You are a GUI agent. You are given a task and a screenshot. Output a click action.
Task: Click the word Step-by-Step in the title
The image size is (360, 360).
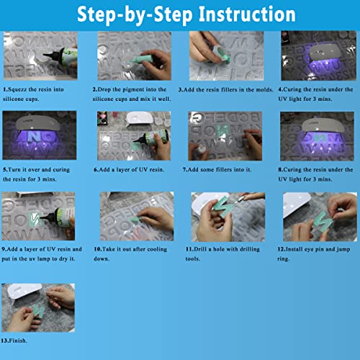point(135,15)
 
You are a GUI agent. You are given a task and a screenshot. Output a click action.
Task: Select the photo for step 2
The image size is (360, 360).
point(134,55)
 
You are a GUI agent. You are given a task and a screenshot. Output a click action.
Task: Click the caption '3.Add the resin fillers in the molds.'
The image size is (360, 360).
point(226,90)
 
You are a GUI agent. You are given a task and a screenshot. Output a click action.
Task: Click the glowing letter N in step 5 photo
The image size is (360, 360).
point(32,136)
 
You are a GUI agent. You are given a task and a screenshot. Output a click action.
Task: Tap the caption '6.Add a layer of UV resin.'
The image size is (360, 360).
point(129,170)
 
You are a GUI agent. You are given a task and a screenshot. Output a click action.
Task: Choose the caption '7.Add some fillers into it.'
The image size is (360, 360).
point(217,170)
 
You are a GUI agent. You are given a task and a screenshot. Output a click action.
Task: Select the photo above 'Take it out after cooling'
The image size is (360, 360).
point(137,216)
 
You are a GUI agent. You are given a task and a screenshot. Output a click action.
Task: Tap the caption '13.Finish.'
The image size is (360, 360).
point(14,341)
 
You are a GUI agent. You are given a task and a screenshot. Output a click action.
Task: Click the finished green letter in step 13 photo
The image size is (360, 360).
point(38,311)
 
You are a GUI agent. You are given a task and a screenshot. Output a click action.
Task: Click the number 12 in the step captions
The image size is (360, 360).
point(281,249)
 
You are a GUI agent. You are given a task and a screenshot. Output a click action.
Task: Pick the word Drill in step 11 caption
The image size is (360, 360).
point(200,249)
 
